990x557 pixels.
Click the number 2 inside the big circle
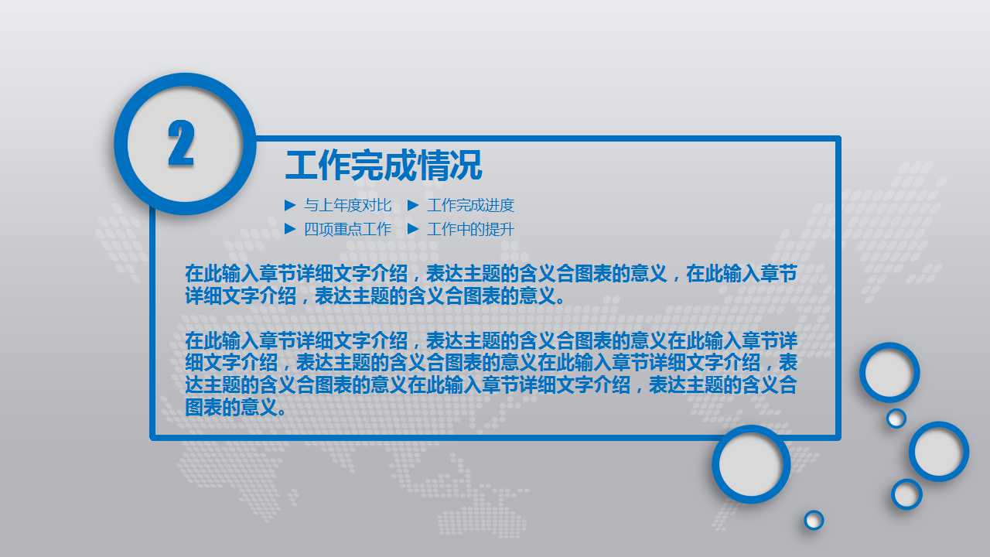click(181, 144)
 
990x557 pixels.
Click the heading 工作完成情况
click(384, 166)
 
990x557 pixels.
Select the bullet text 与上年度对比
click(347, 205)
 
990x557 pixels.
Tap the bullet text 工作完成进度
click(470, 205)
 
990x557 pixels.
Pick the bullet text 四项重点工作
click(347, 229)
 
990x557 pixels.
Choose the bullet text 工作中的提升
click(470, 229)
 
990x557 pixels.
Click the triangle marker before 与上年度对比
click(290, 205)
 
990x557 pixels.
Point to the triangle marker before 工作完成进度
click(413, 205)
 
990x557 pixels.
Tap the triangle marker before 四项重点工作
click(290, 229)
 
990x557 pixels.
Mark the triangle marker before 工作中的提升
click(413, 229)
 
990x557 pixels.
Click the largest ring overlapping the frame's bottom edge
click(751, 464)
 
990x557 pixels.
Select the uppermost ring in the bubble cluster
click(889, 372)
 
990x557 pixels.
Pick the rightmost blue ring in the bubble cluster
click(939, 451)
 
